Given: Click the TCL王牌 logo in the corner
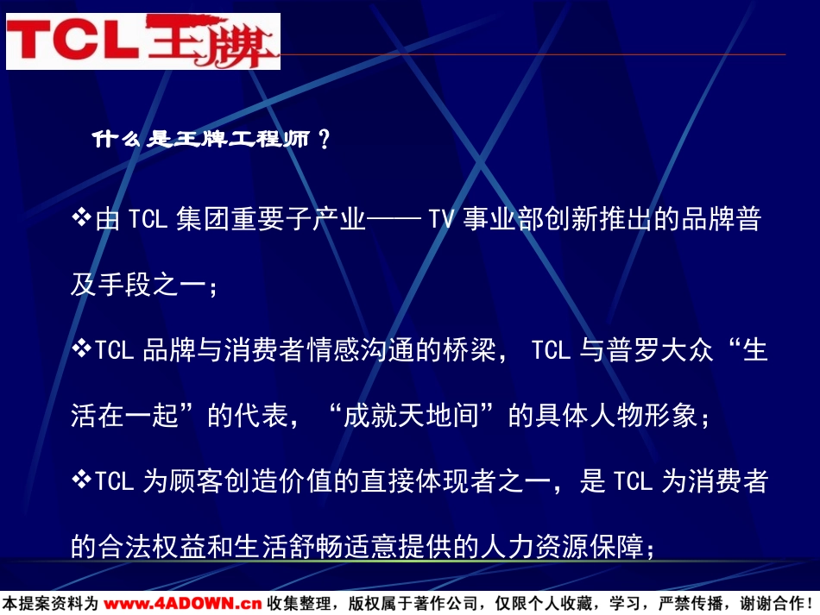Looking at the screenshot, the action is click(143, 41).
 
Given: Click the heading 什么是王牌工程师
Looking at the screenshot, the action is click(201, 139).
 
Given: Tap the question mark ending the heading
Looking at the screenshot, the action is click(325, 140).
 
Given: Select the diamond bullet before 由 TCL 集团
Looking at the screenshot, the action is click(82, 217).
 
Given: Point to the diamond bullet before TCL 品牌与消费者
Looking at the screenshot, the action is click(82, 348).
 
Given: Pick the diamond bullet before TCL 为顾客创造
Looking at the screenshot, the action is click(82, 479).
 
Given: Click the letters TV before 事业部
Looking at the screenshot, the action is click(441, 219).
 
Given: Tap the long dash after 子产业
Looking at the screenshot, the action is click(394, 219).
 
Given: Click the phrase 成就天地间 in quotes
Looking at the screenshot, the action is click(412, 416).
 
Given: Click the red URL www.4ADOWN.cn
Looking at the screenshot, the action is click(182, 604).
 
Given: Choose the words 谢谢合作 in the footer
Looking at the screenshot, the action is click(772, 604).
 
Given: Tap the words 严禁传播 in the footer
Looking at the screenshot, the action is click(691, 604).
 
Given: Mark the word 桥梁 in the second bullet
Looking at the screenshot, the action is click(470, 350).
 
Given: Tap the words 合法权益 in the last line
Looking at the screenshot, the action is click(152, 547).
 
